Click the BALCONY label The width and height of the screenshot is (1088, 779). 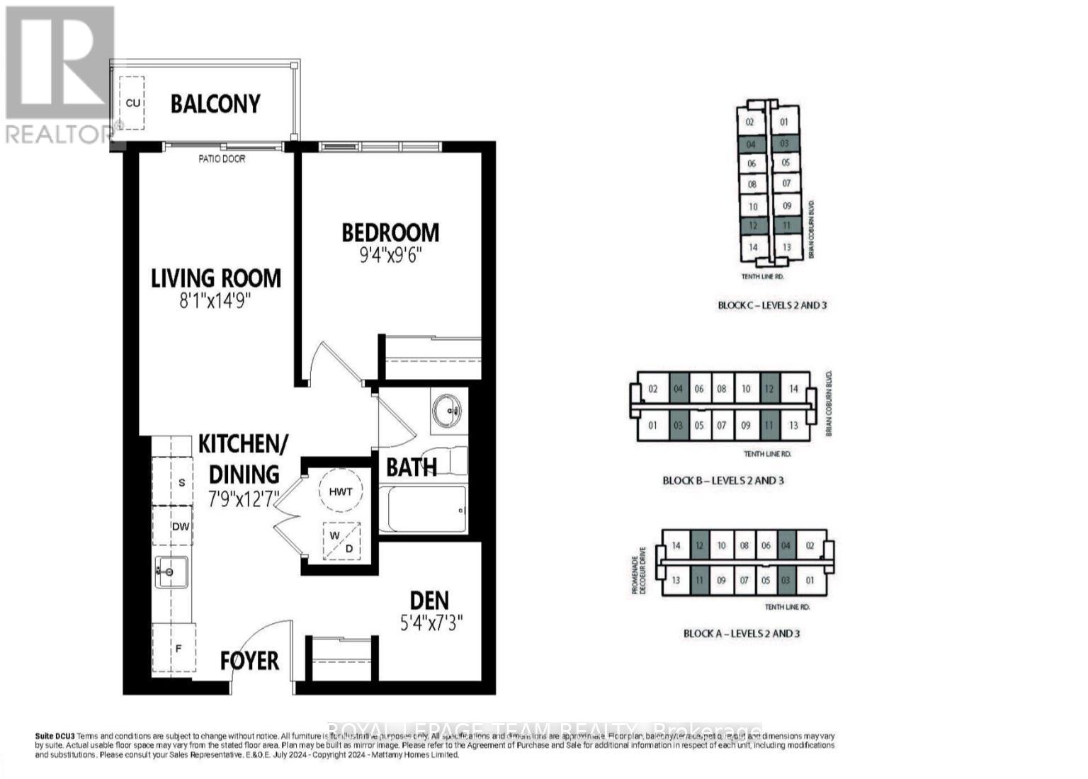(x=215, y=104)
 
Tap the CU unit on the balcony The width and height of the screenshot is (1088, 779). (x=132, y=103)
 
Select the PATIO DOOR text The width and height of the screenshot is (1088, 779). (x=222, y=159)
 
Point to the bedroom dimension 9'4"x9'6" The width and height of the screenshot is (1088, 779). (x=390, y=254)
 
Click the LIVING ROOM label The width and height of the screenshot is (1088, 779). (x=216, y=278)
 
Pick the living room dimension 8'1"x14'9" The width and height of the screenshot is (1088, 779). (x=216, y=302)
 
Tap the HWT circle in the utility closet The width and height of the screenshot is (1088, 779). (x=341, y=491)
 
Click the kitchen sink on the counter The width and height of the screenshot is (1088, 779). (x=171, y=572)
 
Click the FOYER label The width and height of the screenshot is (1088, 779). (x=249, y=661)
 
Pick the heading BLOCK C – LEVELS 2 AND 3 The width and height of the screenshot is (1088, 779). (x=772, y=305)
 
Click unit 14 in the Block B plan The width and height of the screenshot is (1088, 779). (x=793, y=389)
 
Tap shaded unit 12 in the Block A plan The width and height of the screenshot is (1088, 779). (x=699, y=546)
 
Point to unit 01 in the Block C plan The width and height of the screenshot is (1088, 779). (x=784, y=122)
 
